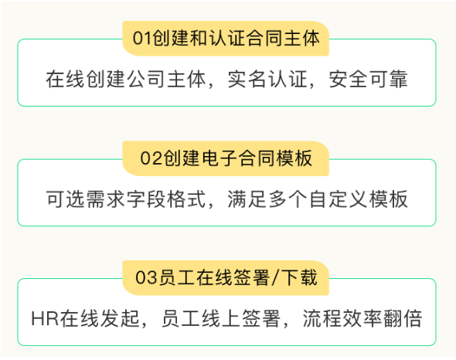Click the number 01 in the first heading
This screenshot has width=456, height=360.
[142, 39]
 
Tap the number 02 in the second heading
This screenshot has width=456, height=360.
[151, 158]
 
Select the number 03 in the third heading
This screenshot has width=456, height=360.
[146, 277]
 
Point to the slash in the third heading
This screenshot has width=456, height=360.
[275, 278]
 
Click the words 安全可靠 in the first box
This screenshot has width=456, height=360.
[368, 79]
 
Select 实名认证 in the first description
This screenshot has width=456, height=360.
[267, 79]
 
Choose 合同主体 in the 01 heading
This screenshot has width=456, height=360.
[282, 39]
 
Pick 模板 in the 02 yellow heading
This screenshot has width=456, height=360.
[294, 158]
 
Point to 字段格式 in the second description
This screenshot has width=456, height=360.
[166, 199]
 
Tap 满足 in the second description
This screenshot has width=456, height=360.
[247, 199]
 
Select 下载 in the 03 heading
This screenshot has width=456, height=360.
[300, 277]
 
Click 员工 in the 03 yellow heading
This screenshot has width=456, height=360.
[178, 277]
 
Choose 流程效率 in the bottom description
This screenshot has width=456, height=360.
[342, 319]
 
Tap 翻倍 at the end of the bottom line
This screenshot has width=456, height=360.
[403, 319]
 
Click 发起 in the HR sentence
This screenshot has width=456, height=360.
[120, 319]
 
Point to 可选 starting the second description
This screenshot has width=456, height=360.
[66, 199]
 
